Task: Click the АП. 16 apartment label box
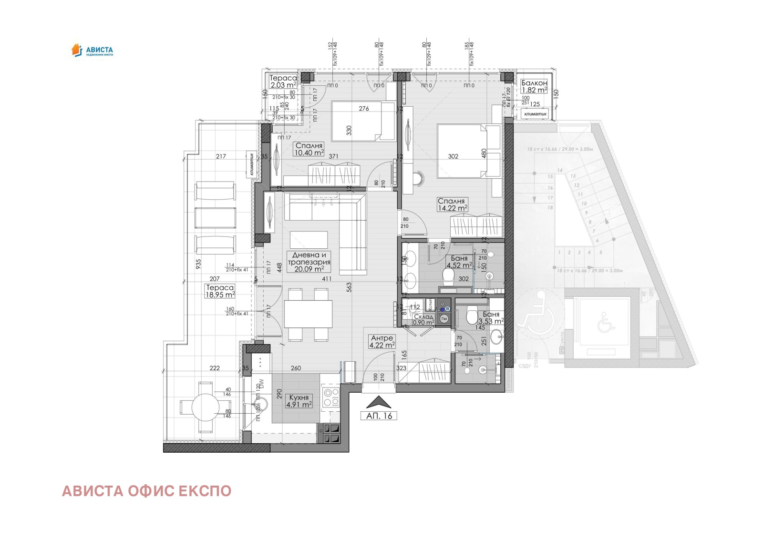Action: click(379, 416)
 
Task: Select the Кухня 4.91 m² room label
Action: click(299, 401)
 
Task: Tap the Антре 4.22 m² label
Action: click(382, 341)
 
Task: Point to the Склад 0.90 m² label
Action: click(423, 319)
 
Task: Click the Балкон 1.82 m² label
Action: click(534, 86)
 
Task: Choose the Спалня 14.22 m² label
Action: click(452, 204)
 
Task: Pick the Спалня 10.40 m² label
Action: click(309, 149)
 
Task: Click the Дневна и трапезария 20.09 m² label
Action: click(309, 262)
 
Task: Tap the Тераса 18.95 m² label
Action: click(220, 291)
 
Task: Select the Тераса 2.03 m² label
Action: click(283, 81)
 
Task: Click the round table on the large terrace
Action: click(206, 408)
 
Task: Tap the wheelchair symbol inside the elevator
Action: click(606, 322)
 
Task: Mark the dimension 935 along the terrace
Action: click(198, 263)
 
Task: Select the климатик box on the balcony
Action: click(535, 114)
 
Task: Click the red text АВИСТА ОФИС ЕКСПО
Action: click(146, 491)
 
